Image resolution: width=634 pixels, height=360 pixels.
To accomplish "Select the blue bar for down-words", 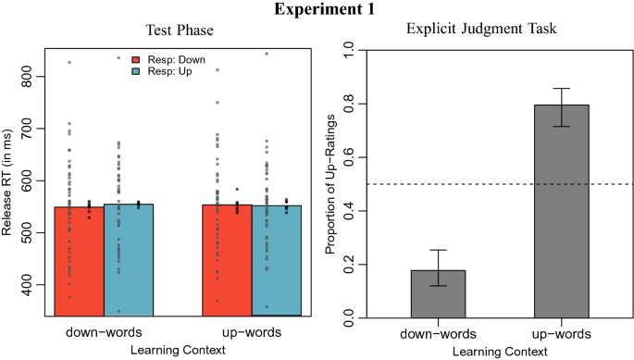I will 129,259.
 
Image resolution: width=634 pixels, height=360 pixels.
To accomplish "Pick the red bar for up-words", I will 226,259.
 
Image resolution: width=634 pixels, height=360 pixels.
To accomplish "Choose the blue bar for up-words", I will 278,259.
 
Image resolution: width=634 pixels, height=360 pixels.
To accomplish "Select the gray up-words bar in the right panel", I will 561,212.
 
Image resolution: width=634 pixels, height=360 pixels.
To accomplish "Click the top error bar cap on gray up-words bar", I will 561,89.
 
